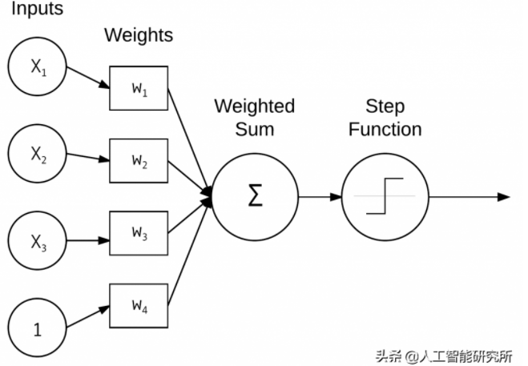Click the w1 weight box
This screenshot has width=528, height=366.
click(x=139, y=88)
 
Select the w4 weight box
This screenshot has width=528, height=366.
click(x=139, y=305)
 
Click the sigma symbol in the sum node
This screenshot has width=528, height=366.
click(x=255, y=196)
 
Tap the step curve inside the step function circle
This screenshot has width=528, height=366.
click(x=380, y=196)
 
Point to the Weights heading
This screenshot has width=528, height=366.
click(x=139, y=35)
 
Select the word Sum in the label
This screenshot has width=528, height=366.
click(x=255, y=129)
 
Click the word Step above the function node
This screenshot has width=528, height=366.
click(x=385, y=107)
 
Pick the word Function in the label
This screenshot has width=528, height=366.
click(x=385, y=129)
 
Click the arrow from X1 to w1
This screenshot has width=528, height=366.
click(x=88, y=78)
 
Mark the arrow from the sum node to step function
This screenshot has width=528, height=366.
click(x=319, y=196)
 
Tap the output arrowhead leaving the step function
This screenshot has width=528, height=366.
click(x=503, y=196)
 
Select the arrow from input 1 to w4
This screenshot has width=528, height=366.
click(x=88, y=316)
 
